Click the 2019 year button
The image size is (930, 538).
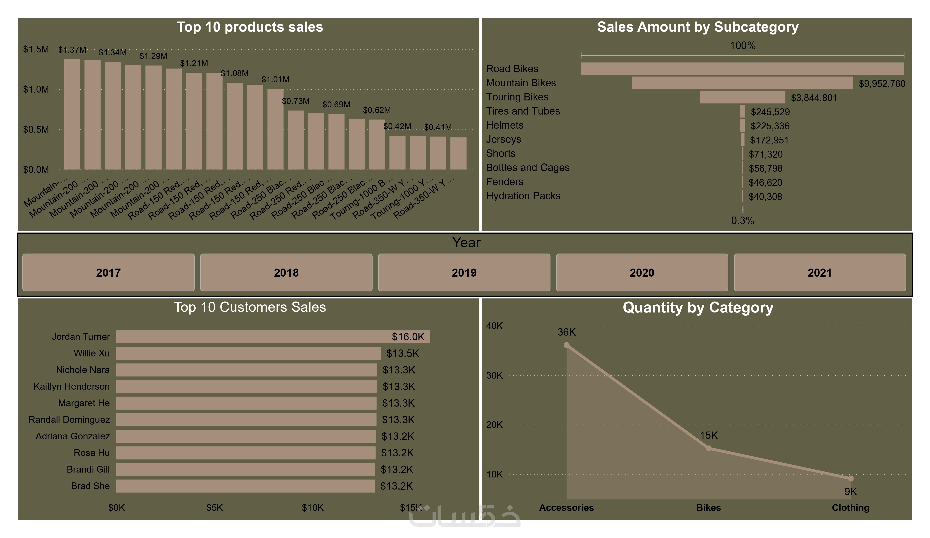point(464,273)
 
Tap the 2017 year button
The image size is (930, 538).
point(108,273)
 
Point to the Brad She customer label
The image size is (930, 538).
point(90,486)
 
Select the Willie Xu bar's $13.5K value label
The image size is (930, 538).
point(403,353)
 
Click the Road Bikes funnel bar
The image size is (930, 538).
point(742,69)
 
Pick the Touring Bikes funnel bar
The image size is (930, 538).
point(742,97)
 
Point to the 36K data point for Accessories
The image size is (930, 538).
point(567,345)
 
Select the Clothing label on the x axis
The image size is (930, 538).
point(850,508)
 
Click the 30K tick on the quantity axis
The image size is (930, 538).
point(494,375)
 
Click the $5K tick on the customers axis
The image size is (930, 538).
point(214,508)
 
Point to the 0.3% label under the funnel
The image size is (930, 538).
point(742,221)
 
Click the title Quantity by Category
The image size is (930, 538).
point(698,308)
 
